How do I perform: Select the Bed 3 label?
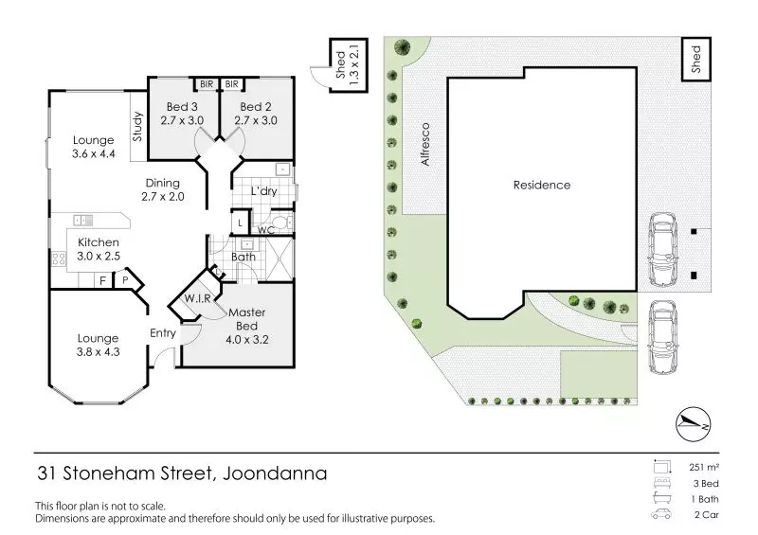[180, 107]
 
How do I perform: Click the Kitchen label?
[99, 243]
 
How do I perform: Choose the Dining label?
[164, 183]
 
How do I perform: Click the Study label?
[137, 127]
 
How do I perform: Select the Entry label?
[163, 333]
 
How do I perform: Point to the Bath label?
[244, 257]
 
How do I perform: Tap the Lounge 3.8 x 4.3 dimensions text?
[99, 352]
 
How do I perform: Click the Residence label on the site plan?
[542, 185]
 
